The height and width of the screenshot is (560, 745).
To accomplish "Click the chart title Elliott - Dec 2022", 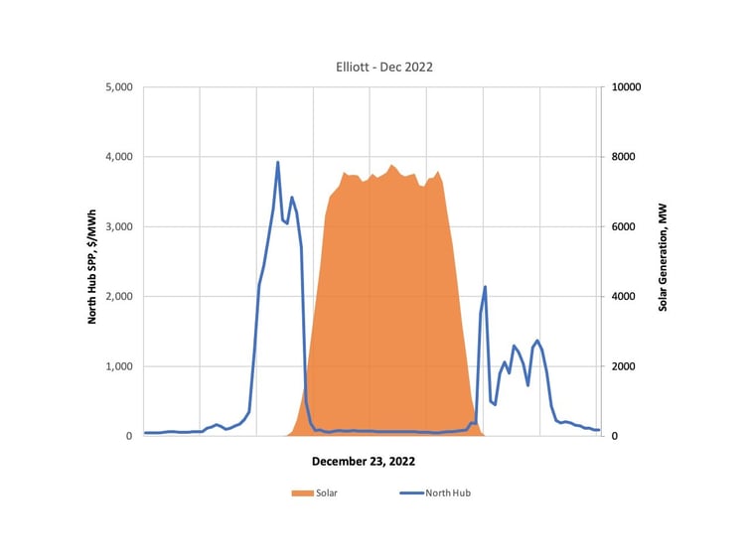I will pyautogui.click(x=383, y=67).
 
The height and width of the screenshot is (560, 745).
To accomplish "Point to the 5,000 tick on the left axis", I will pyautogui.click(x=119, y=87).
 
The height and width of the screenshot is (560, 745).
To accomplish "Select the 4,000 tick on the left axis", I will pyautogui.click(x=119, y=157).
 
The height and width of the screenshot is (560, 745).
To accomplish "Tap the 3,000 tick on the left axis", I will pyautogui.click(x=119, y=227).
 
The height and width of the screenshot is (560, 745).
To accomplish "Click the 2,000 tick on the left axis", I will pyautogui.click(x=119, y=297).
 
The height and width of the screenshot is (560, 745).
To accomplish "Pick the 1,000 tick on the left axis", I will pyautogui.click(x=119, y=366).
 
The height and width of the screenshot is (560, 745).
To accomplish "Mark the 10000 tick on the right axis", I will pyautogui.click(x=630, y=87).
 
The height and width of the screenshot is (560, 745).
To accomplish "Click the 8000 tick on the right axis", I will pyautogui.click(x=627, y=157).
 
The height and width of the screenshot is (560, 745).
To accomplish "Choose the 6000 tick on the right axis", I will pyautogui.click(x=627, y=227).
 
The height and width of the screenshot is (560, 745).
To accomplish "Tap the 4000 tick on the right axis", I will pyautogui.click(x=627, y=297).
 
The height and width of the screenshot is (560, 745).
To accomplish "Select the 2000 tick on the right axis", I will pyautogui.click(x=627, y=366).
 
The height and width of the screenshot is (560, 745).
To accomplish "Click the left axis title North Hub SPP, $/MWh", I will pyautogui.click(x=92, y=262).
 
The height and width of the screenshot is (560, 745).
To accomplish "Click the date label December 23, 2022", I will pyautogui.click(x=364, y=462).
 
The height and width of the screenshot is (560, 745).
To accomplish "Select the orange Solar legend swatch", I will pyautogui.click(x=302, y=492).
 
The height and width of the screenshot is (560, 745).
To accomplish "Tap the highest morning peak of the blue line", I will pyautogui.click(x=278, y=162).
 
